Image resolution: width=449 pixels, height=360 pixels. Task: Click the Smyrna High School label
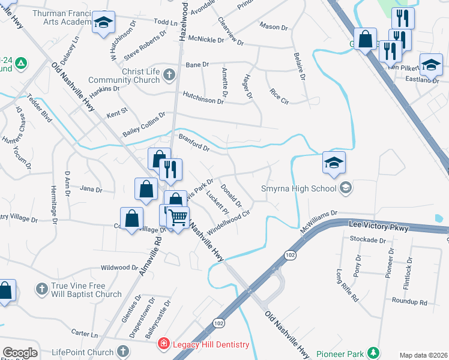(300, 189)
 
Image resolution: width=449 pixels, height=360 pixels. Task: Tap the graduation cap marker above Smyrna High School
(334, 162)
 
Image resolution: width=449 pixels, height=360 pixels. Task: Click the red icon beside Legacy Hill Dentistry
(163, 344)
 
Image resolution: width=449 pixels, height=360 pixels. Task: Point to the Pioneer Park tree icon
(374, 352)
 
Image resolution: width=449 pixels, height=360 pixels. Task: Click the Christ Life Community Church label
(125, 76)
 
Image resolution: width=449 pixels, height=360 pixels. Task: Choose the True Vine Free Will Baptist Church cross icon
(42, 289)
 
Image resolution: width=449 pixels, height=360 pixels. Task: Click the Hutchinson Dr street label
(203, 98)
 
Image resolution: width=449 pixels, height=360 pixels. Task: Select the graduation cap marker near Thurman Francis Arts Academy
(104, 23)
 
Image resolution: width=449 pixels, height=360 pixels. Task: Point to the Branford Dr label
(194, 143)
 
